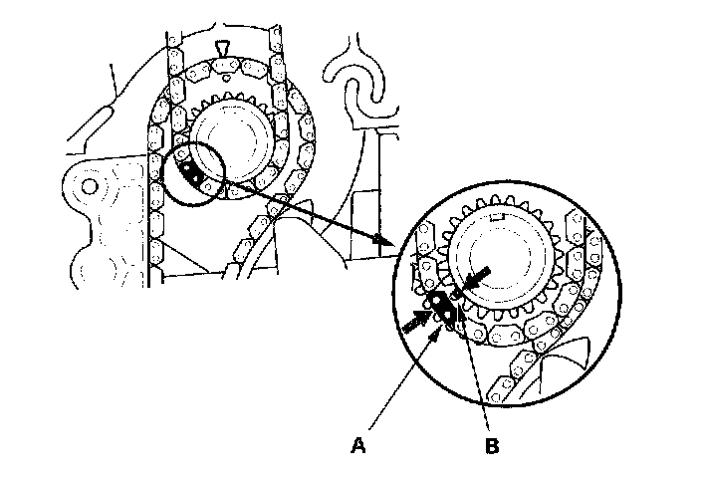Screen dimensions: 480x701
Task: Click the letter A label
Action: coord(356,447)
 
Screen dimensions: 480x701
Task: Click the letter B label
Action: coord(491,447)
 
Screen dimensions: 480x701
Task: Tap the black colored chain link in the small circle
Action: coord(191,175)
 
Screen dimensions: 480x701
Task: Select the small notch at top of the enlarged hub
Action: coord(501,214)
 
